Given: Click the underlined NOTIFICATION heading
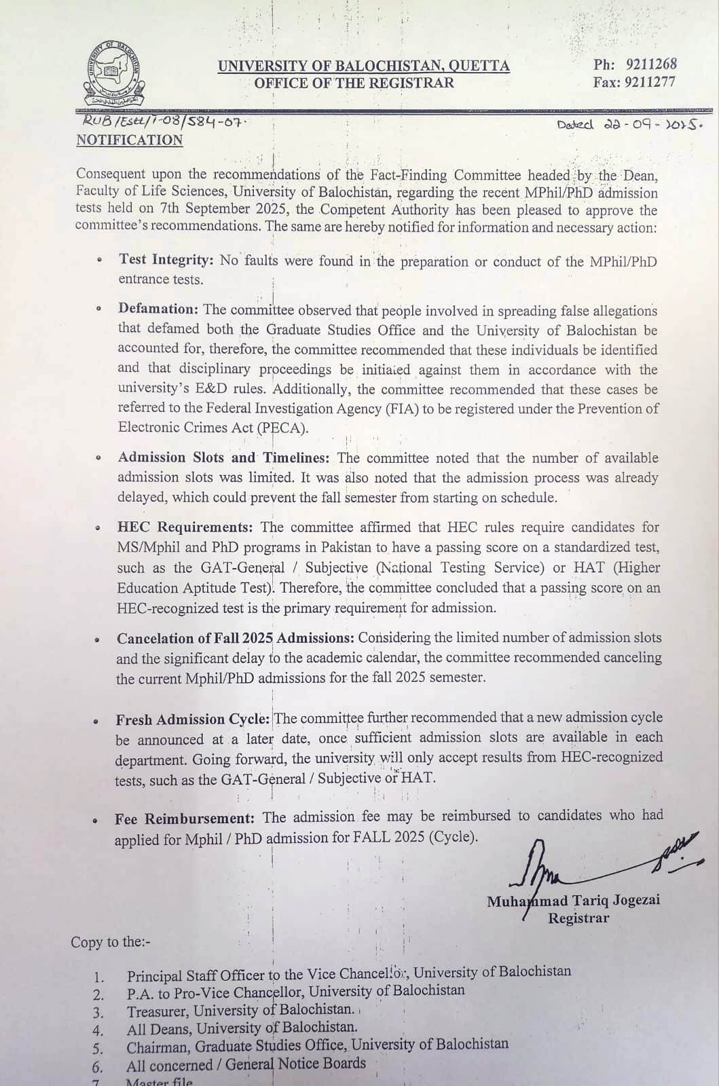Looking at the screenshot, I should click(x=129, y=140).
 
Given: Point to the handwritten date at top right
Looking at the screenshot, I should click(x=629, y=125).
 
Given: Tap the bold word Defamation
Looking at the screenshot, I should click(x=158, y=309).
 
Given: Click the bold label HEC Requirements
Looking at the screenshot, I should click(x=185, y=527).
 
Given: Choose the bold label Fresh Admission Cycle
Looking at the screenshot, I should click(x=193, y=719).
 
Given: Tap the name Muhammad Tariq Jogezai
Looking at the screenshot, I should click(x=574, y=901).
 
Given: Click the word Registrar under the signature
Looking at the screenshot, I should click(x=578, y=918).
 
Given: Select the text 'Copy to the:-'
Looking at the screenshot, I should click(x=111, y=942).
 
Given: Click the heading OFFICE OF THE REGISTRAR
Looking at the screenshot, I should click(x=354, y=83).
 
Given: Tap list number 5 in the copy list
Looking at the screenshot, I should click(x=98, y=1047).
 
